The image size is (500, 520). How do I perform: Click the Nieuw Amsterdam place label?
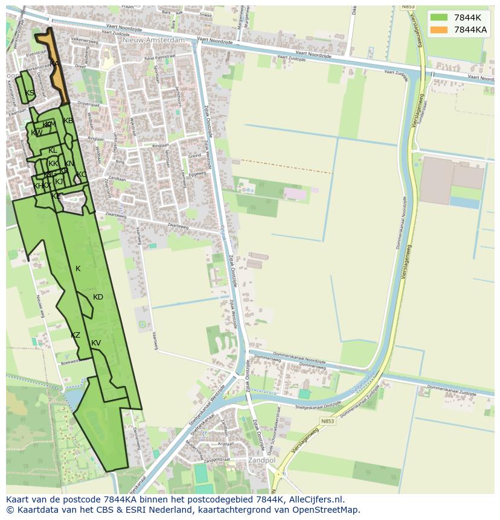(x=153, y=40)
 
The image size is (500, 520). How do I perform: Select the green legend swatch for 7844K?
(x=440, y=18)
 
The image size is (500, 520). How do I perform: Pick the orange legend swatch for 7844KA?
(x=440, y=30)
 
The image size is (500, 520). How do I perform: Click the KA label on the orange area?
(x=54, y=64)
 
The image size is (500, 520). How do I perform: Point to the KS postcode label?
(x=30, y=93)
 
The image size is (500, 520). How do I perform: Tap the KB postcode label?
(x=68, y=121)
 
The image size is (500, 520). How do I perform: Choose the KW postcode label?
(x=37, y=133)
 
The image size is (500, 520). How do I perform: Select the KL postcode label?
(x=53, y=150)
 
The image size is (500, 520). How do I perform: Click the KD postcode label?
(x=98, y=297)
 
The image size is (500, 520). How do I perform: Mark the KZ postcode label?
(x=75, y=335)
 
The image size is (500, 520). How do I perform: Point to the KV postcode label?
(x=96, y=343)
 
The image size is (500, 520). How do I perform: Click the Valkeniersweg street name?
(x=85, y=40)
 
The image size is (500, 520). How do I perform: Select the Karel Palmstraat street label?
(x=150, y=56)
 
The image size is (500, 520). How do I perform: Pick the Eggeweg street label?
(x=197, y=174)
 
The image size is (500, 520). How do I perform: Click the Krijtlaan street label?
(x=225, y=443)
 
